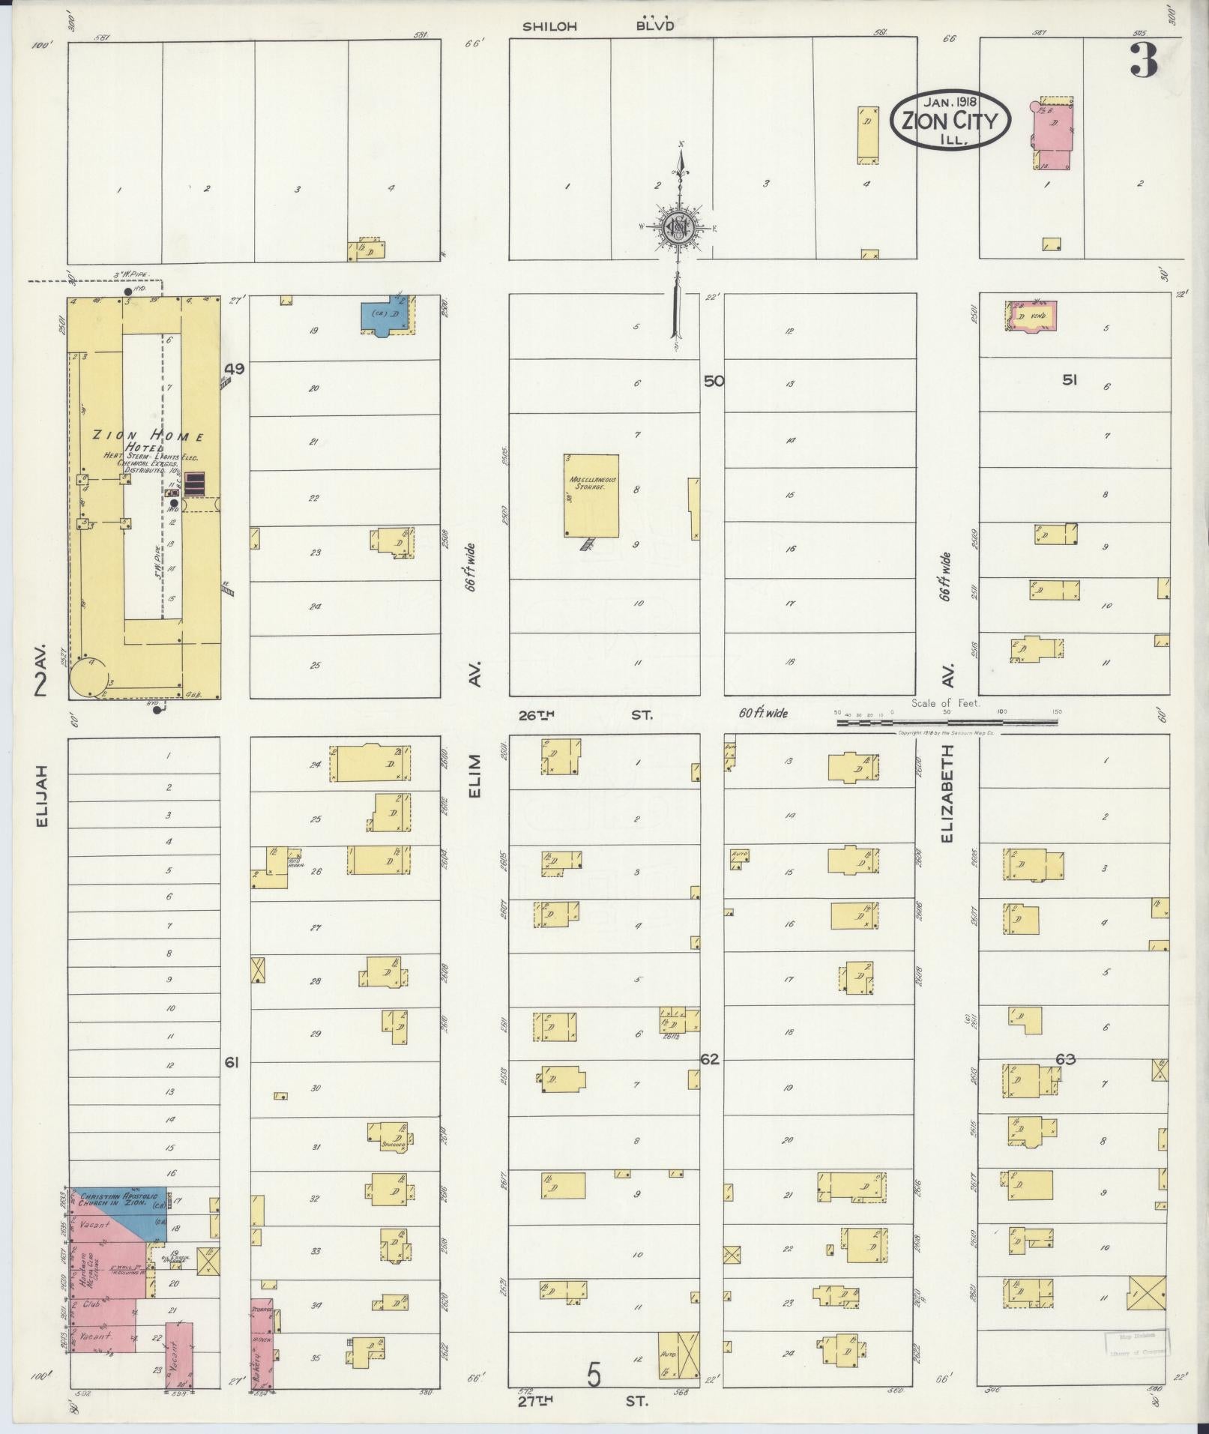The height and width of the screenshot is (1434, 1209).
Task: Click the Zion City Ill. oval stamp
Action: [950, 120]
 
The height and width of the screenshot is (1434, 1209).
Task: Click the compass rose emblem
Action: [679, 226]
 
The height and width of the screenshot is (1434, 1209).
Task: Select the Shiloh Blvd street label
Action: [598, 25]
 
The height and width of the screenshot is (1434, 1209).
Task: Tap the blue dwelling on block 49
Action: [385, 318]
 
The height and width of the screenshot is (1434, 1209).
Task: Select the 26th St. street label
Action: [585, 715]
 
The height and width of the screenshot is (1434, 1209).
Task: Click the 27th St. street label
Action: [585, 1400]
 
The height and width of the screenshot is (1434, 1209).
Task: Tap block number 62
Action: [709, 1060]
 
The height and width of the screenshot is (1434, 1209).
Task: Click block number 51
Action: [1070, 380]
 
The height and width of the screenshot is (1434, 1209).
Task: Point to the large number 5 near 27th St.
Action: [594, 1376]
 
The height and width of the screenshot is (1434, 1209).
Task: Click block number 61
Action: [232, 1062]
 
